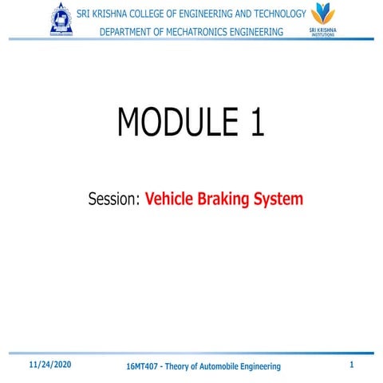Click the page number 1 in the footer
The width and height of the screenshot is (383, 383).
point(352,365)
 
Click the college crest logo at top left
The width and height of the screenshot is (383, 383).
point(61,21)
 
